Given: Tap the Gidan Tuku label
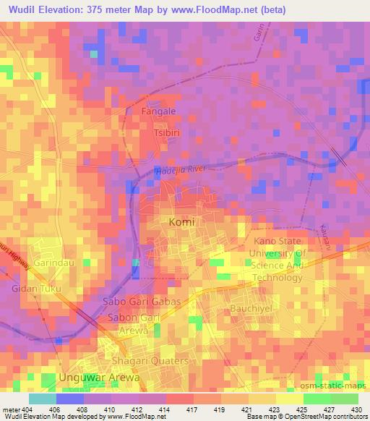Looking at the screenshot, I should [x=36, y=289].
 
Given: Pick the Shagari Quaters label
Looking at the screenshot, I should [x=150, y=361].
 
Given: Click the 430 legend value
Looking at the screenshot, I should [x=356, y=409].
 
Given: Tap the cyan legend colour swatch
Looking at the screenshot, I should [x=43, y=399].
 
